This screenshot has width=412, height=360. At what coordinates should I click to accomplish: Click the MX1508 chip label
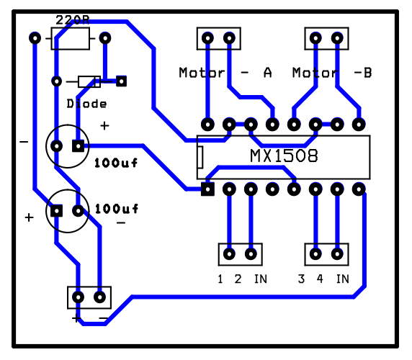tap(284, 156)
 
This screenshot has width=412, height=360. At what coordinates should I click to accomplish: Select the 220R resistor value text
tap(73, 20)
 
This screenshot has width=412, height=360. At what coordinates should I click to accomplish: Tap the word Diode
tap(86, 104)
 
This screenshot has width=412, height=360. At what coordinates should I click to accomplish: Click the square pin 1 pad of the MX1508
tap(207, 189)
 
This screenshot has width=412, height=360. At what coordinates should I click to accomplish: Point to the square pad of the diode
tap(122, 81)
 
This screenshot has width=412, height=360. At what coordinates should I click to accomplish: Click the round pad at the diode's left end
tap(56, 81)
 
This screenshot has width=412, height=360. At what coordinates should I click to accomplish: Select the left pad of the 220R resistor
tap(35, 38)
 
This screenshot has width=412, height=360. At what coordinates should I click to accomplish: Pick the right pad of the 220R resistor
tap(105, 38)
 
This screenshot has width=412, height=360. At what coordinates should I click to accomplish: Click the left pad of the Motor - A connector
tap(207, 38)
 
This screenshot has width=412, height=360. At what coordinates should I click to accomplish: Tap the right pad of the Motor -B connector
tap(337, 38)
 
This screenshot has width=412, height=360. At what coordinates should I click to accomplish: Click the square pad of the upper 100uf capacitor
tap(78, 146)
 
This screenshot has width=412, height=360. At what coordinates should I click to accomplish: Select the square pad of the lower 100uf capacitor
tap(56, 211)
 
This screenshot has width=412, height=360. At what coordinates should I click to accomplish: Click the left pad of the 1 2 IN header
tap(229, 254)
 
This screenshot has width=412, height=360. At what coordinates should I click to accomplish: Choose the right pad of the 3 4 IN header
tap(337, 254)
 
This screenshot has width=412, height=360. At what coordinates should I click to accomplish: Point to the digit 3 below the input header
tap(301, 279)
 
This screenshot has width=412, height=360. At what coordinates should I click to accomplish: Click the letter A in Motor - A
tap(268, 73)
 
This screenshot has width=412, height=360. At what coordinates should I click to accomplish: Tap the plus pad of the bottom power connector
tap(78, 297)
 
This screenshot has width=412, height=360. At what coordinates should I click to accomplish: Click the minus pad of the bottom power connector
tap(99, 297)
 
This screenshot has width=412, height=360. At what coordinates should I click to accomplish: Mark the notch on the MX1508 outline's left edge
tap(200, 157)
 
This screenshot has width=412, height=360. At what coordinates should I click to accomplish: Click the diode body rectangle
tap(89, 81)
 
